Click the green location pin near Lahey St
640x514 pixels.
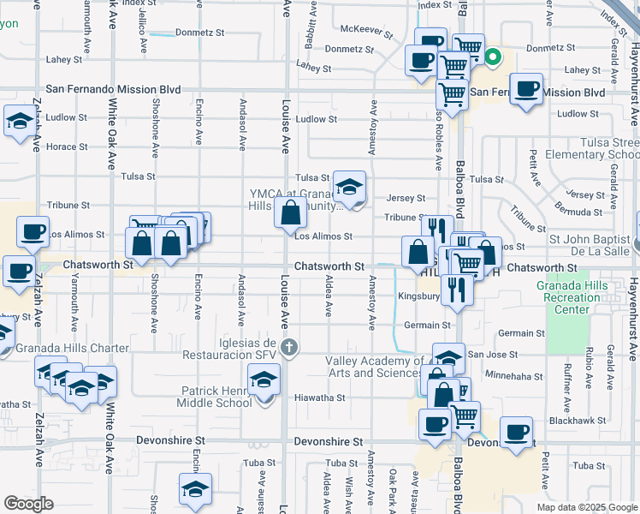tap(493, 58)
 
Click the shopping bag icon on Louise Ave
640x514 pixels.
tap(291, 212)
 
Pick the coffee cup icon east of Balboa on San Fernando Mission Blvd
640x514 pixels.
tap(526, 89)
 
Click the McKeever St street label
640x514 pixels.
tap(366, 33)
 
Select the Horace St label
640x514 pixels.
tap(67, 147)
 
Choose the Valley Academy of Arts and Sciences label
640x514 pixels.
tap(373, 367)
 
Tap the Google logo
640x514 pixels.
tap(29, 504)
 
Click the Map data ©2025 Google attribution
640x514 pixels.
tap(586, 507)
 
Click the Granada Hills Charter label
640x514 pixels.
tap(73, 349)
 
